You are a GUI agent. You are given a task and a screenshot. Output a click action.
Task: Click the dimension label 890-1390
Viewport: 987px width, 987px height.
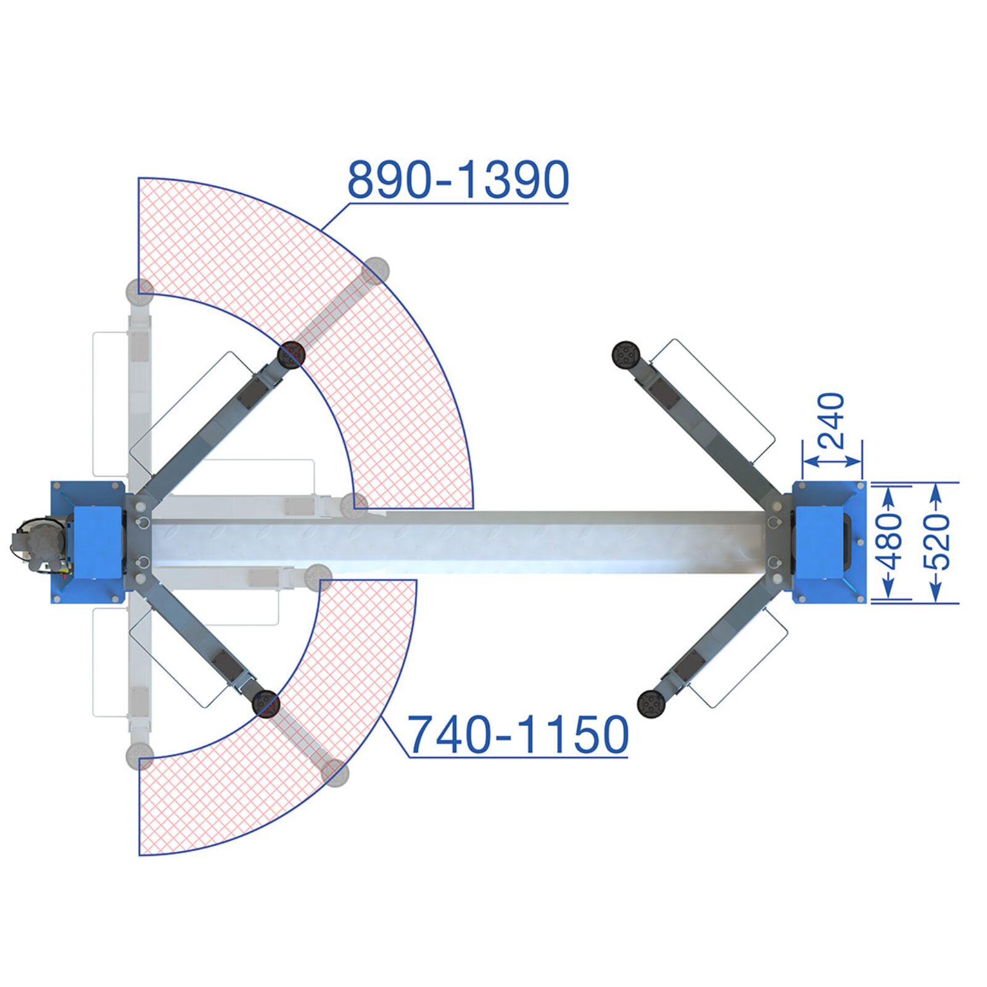458,180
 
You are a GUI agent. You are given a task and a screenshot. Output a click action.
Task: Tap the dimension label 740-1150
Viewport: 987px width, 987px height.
518,735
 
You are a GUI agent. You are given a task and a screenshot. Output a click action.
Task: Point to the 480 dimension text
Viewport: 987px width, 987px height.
888,542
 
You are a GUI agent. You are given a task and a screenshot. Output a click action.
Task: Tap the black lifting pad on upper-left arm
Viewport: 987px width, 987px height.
292,355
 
